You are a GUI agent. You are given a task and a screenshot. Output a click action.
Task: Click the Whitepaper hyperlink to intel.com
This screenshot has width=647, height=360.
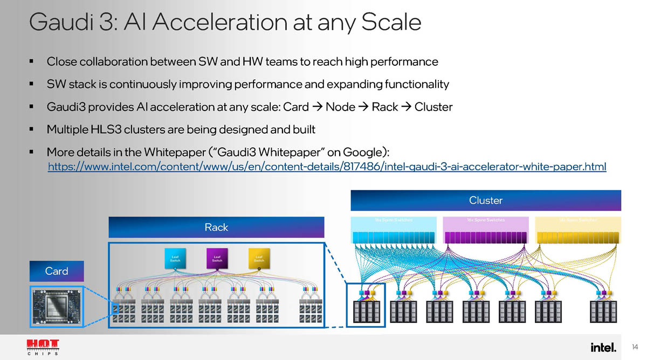click(x=327, y=167)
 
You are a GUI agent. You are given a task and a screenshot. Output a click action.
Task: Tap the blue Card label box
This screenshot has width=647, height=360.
click(x=57, y=271)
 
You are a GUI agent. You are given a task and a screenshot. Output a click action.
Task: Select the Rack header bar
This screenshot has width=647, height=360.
click(x=216, y=227)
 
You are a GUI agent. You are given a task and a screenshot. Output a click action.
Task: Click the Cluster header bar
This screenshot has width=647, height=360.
click(x=486, y=200)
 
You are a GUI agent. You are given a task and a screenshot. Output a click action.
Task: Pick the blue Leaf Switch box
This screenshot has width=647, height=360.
click(x=175, y=259)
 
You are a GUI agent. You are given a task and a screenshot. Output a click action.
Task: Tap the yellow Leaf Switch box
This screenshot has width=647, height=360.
click(x=259, y=259)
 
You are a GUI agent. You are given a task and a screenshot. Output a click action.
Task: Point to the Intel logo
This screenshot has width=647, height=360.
click(x=603, y=347)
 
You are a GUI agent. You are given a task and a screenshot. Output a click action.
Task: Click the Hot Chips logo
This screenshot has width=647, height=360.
click(x=43, y=347)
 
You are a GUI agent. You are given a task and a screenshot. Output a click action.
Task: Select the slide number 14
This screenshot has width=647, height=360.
click(x=635, y=347)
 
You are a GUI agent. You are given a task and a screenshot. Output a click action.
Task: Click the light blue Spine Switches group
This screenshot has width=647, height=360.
click(x=394, y=231)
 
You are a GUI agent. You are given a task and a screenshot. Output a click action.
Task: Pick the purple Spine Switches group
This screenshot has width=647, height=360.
click(x=485, y=231)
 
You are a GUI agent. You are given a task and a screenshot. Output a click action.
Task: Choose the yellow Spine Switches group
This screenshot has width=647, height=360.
click(x=577, y=231)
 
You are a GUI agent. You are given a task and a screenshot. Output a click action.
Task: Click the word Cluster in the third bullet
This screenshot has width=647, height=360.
click(x=433, y=107)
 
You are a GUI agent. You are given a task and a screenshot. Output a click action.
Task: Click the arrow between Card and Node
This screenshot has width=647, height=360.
click(x=317, y=107)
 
